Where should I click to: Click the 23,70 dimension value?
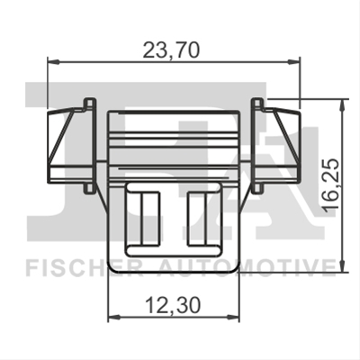[x=171, y=49]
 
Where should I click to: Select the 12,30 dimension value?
[x=173, y=306]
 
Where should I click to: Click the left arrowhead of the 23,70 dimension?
[x=53, y=62]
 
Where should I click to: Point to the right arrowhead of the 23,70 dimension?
[x=294, y=62]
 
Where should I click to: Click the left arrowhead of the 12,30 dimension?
[x=114, y=317]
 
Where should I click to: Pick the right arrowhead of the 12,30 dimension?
[x=233, y=317]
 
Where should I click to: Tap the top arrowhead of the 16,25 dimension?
[x=342, y=104]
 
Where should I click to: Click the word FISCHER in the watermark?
[x=84, y=267]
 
